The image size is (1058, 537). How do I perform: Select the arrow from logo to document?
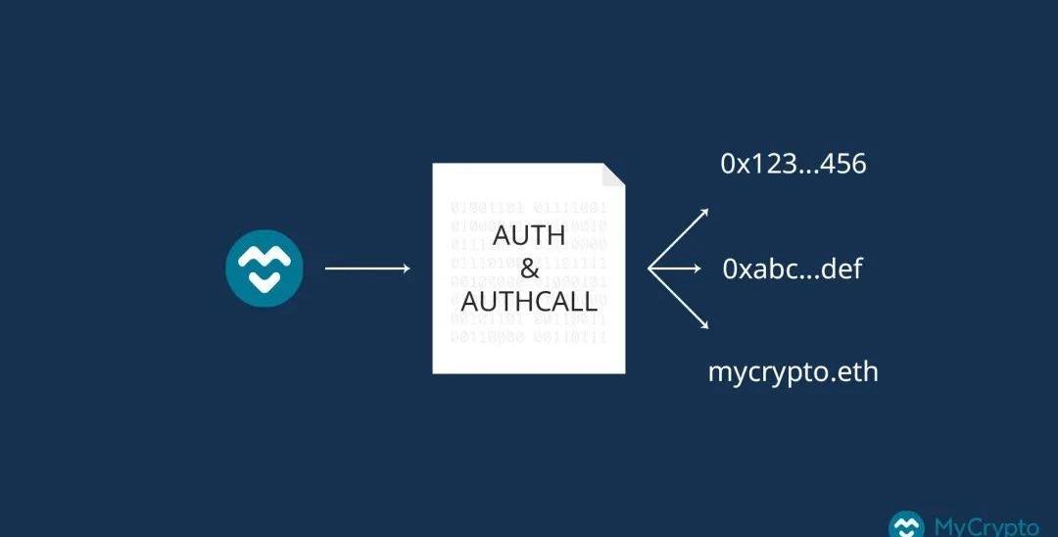pyautogui.click(x=366, y=268)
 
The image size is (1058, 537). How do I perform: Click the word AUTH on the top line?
pyautogui.click(x=528, y=236)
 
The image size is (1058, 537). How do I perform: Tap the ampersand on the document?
pyautogui.click(x=529, y=268)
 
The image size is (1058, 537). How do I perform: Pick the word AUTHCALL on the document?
pyautogui.click(x=529, y=301)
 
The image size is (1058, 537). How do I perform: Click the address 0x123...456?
pyautogui.click(x=793, y=164)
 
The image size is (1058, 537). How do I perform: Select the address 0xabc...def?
pyautogui.click(x=793, y=268)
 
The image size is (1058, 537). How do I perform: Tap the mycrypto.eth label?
pyautogui.click(x=793, y=372)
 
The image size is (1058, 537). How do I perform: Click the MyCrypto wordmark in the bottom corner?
pyautogui.click(x=985, y=526)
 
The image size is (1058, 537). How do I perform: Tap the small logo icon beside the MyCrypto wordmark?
pyautogui.click(x=906, y=527)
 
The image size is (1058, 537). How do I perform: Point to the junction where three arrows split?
pyautogui.click(x=650, y=268)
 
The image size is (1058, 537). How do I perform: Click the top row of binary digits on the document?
pyautogui.click(x=529, y=208)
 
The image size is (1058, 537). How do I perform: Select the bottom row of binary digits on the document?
pyautogui.click(x=529, y=337)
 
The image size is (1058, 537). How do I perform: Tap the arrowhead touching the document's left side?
pyautogui.click(x=406, y=268)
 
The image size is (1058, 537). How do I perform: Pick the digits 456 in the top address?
pyautogui.click(x=844, y=164)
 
